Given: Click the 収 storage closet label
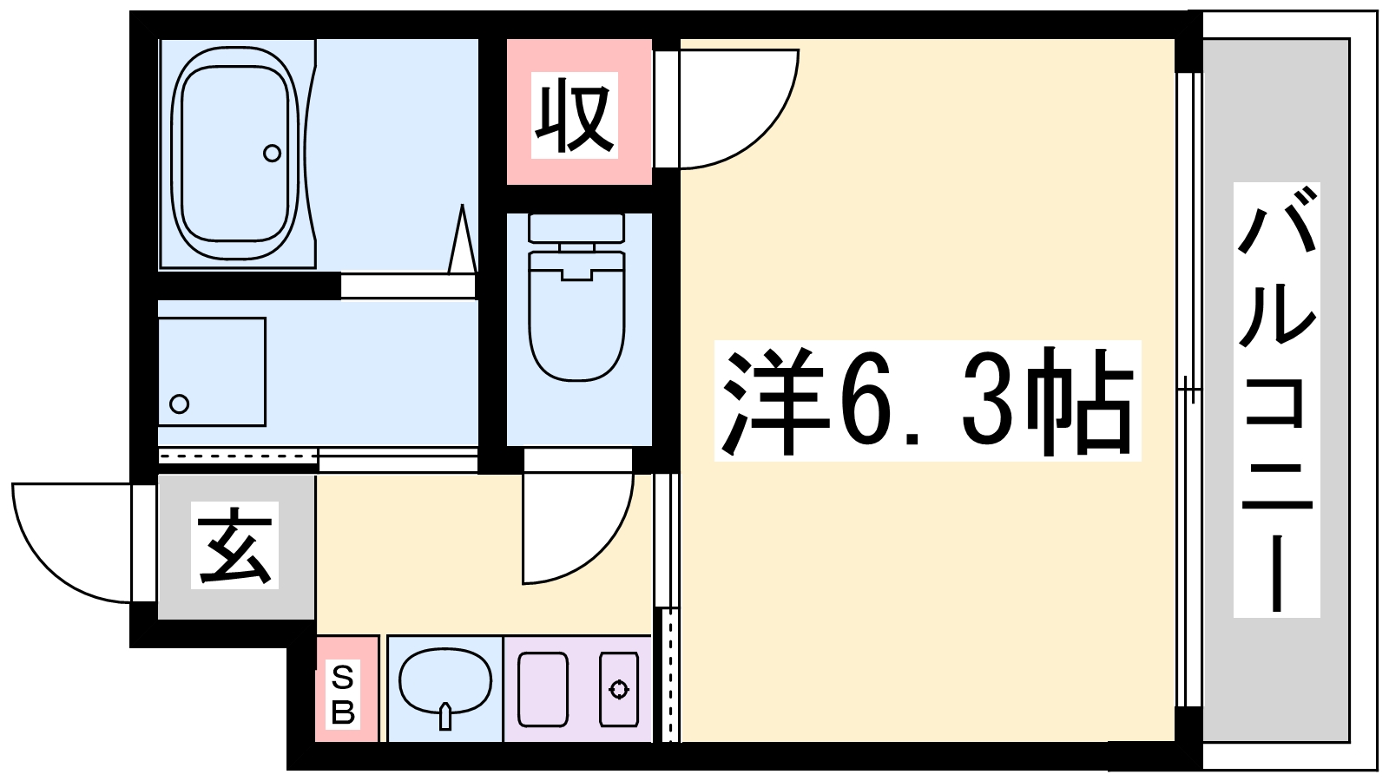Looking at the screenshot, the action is (x=574, y=115).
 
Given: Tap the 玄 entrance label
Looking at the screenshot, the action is (x=234, y=545).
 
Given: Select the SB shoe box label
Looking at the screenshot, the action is (x=343, y=695).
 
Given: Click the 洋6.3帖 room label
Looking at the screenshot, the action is (x=928, y=400).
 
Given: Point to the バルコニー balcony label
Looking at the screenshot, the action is (x=1277, y=400).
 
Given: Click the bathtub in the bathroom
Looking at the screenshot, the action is (x=235, y=154).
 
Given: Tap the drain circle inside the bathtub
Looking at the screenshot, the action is (x=273, y=153).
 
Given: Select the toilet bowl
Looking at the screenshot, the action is (x=576, y=316).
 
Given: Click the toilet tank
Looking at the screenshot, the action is (x=576, y=228).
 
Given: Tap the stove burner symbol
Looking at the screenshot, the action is (x=619, y=689).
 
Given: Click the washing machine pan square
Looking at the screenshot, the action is (x=212, y=372).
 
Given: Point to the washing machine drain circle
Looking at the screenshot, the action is (x=180, y=404).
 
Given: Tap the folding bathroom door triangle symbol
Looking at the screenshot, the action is (x=463, y=240).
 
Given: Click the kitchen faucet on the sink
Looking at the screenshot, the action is (x=444, y=717).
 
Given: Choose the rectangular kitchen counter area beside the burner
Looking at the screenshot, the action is (x=543, y=689).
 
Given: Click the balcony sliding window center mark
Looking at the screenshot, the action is (x=1188, y=390).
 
